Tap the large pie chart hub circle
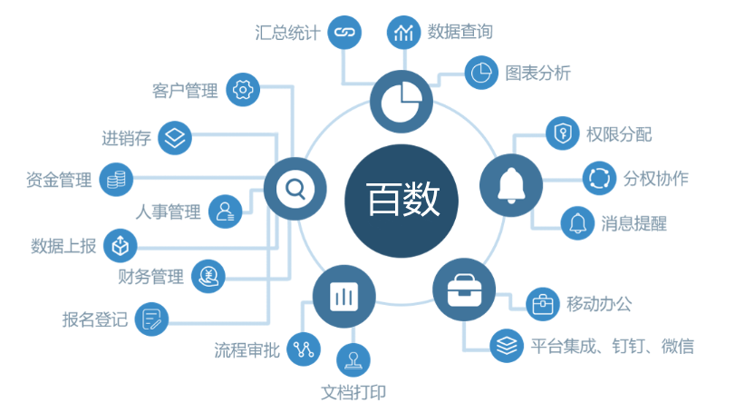coord(401,100)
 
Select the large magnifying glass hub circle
coord(295,190)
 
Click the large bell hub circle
coord(510,185)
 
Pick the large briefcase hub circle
coord(464,290)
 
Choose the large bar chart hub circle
coord(343,296)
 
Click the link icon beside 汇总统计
coord(343,33)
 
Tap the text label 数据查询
coord(460,32)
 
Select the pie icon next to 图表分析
coord(482,72)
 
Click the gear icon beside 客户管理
coord(243,89)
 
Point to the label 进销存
coord(126,139)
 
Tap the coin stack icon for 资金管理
coord(116,179)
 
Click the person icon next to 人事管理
coord(225,212)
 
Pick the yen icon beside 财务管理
coord(208,276)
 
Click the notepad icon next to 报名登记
coord(151,319)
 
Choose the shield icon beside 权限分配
coord(562,134)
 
